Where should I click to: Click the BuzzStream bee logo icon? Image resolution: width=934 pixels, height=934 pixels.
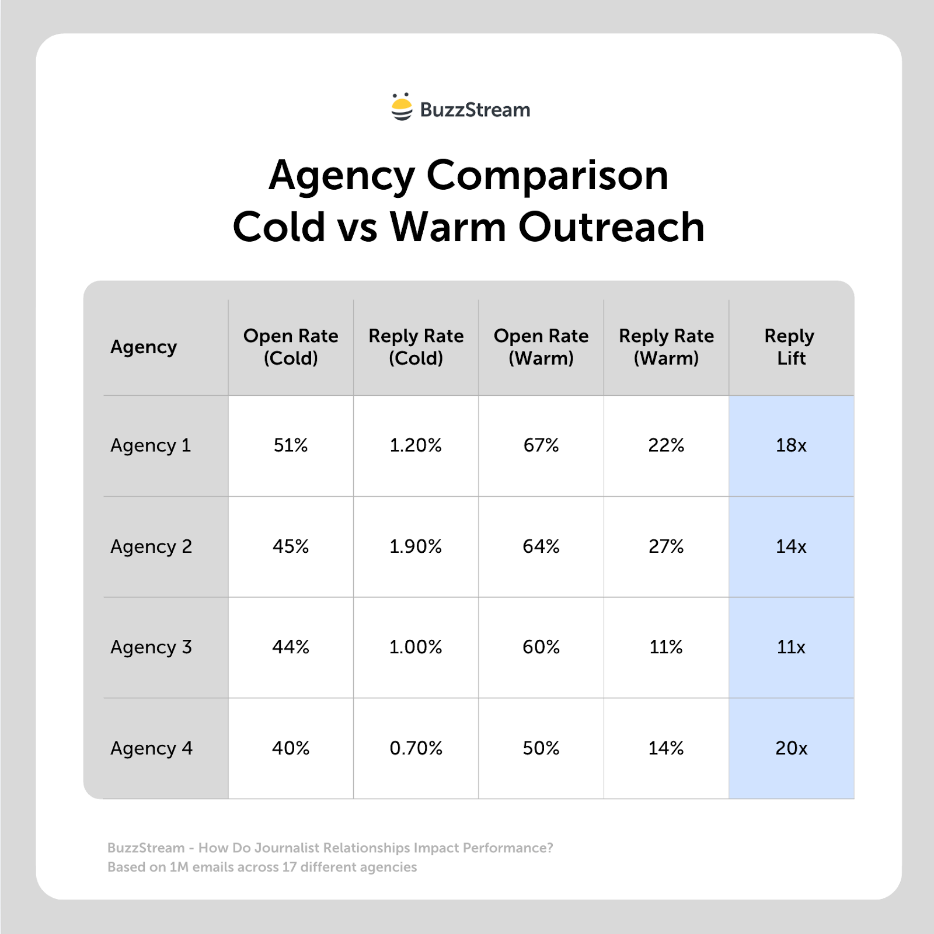[402, 107]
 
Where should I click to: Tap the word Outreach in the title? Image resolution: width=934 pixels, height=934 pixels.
[611, 226]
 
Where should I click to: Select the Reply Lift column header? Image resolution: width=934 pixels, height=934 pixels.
[790, 347]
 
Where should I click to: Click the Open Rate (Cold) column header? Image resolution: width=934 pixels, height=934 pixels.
[291, 347]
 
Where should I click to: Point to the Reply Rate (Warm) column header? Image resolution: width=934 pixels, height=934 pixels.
[666, 347]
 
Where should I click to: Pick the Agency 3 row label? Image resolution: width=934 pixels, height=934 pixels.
[151, 647]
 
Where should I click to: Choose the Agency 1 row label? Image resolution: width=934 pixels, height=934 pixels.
[151, 445]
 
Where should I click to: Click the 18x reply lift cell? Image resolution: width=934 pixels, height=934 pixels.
[791, 445]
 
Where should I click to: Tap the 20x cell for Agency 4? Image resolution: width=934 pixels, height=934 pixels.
[791, 748]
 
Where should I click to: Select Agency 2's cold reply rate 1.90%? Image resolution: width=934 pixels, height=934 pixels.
[416, 546]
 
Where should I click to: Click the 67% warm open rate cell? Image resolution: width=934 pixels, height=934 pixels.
[541, 445]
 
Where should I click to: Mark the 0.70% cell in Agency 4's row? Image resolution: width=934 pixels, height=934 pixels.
[416, 748]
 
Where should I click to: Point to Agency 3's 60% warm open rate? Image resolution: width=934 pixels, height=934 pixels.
[541, 647]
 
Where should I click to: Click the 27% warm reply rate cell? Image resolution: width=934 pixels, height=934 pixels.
[666, 546]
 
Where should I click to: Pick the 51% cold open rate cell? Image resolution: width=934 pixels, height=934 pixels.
[291, 445]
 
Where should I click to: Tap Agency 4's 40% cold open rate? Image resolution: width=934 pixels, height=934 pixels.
[291, 748]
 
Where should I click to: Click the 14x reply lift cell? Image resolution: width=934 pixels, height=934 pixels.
[791, 546]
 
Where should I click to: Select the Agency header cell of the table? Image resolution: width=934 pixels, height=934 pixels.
[144, 347]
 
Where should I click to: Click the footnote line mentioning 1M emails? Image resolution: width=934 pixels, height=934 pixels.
[262, 867]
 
